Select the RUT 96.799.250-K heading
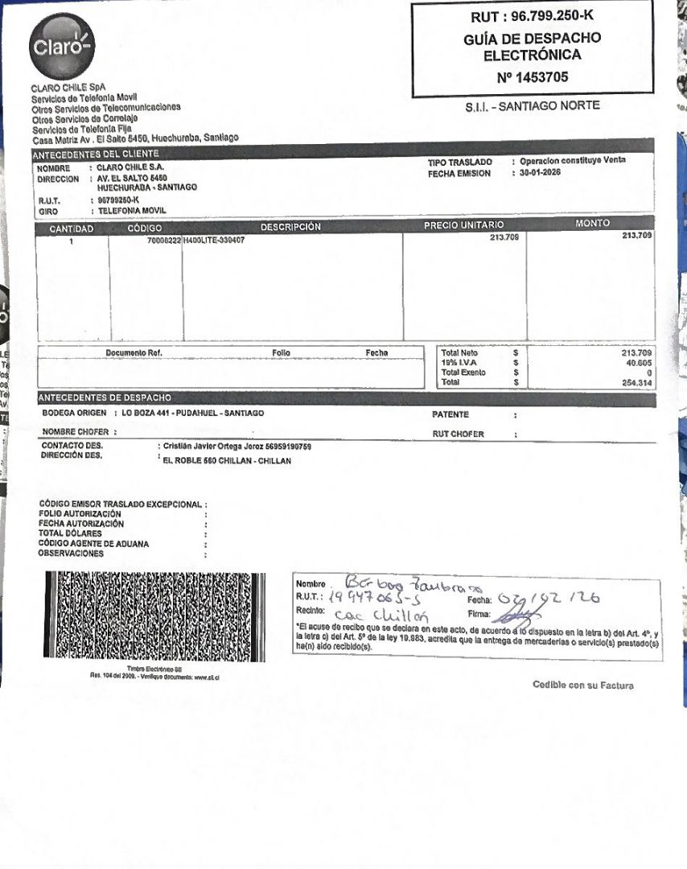pos(532,17)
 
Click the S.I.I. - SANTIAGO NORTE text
pos(532,105)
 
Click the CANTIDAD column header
pos(72,229)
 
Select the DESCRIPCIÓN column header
pos(290,228)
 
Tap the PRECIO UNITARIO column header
pos(463,225)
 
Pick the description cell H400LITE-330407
pos(213,240)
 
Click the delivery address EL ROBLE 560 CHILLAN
pos(227,461)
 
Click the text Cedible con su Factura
pos(582,685)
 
